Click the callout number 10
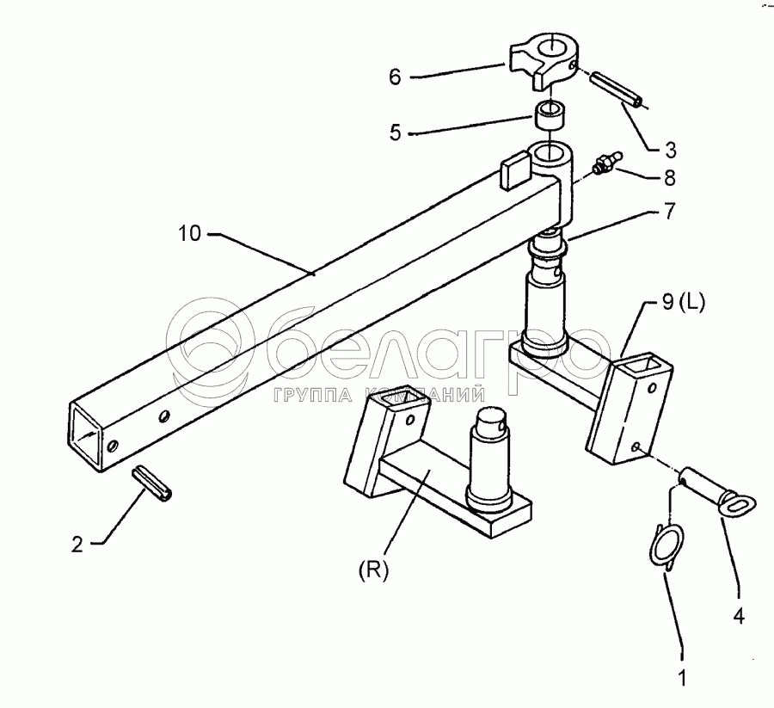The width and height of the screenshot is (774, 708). tap(189, 233)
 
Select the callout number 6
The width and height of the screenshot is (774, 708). tap(395, 77)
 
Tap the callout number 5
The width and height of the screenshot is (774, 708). tap(395, 132)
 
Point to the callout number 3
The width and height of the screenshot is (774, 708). tap(670, 150)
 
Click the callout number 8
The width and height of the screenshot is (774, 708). tap(669, 178)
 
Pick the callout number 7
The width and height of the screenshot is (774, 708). tap(669, 211)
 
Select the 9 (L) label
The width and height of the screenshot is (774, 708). tap(683, 302)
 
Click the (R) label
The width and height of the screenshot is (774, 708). tap(374, 570)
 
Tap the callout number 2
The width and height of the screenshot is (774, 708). tap(77, 545)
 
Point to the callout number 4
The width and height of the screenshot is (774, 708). tap(739, 616)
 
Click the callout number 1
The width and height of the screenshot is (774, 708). tap(683, 679)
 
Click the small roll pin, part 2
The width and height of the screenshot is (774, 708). tap(151, 483)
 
